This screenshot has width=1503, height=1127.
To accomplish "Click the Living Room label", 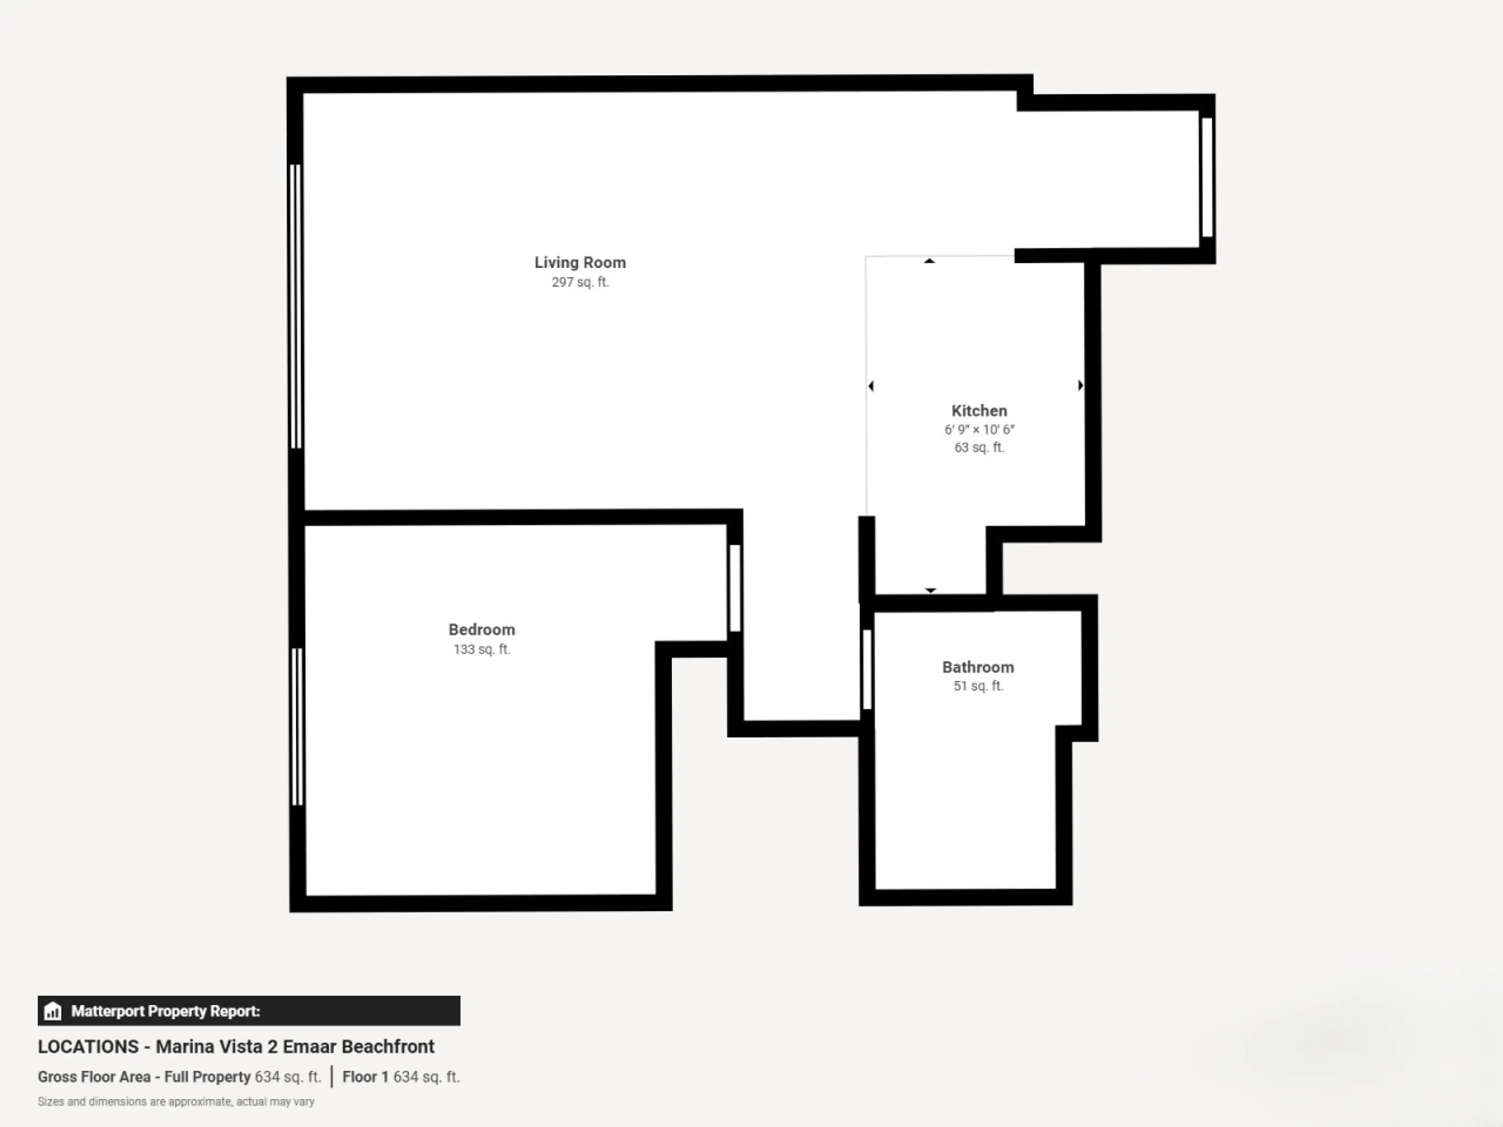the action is (580, 262).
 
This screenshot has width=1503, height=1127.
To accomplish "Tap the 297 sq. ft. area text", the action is (580, 282).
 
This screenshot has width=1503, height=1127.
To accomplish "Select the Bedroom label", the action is (482, 630).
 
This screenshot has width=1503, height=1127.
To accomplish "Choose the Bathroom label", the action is (978, 667).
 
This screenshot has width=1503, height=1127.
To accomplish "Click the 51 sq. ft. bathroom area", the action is (978, 686).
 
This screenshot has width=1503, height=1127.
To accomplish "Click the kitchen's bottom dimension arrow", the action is (931, 591).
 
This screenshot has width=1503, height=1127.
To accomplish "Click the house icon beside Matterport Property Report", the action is (52, 1011).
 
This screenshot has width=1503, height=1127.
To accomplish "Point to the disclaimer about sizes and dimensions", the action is (176, 1101).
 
